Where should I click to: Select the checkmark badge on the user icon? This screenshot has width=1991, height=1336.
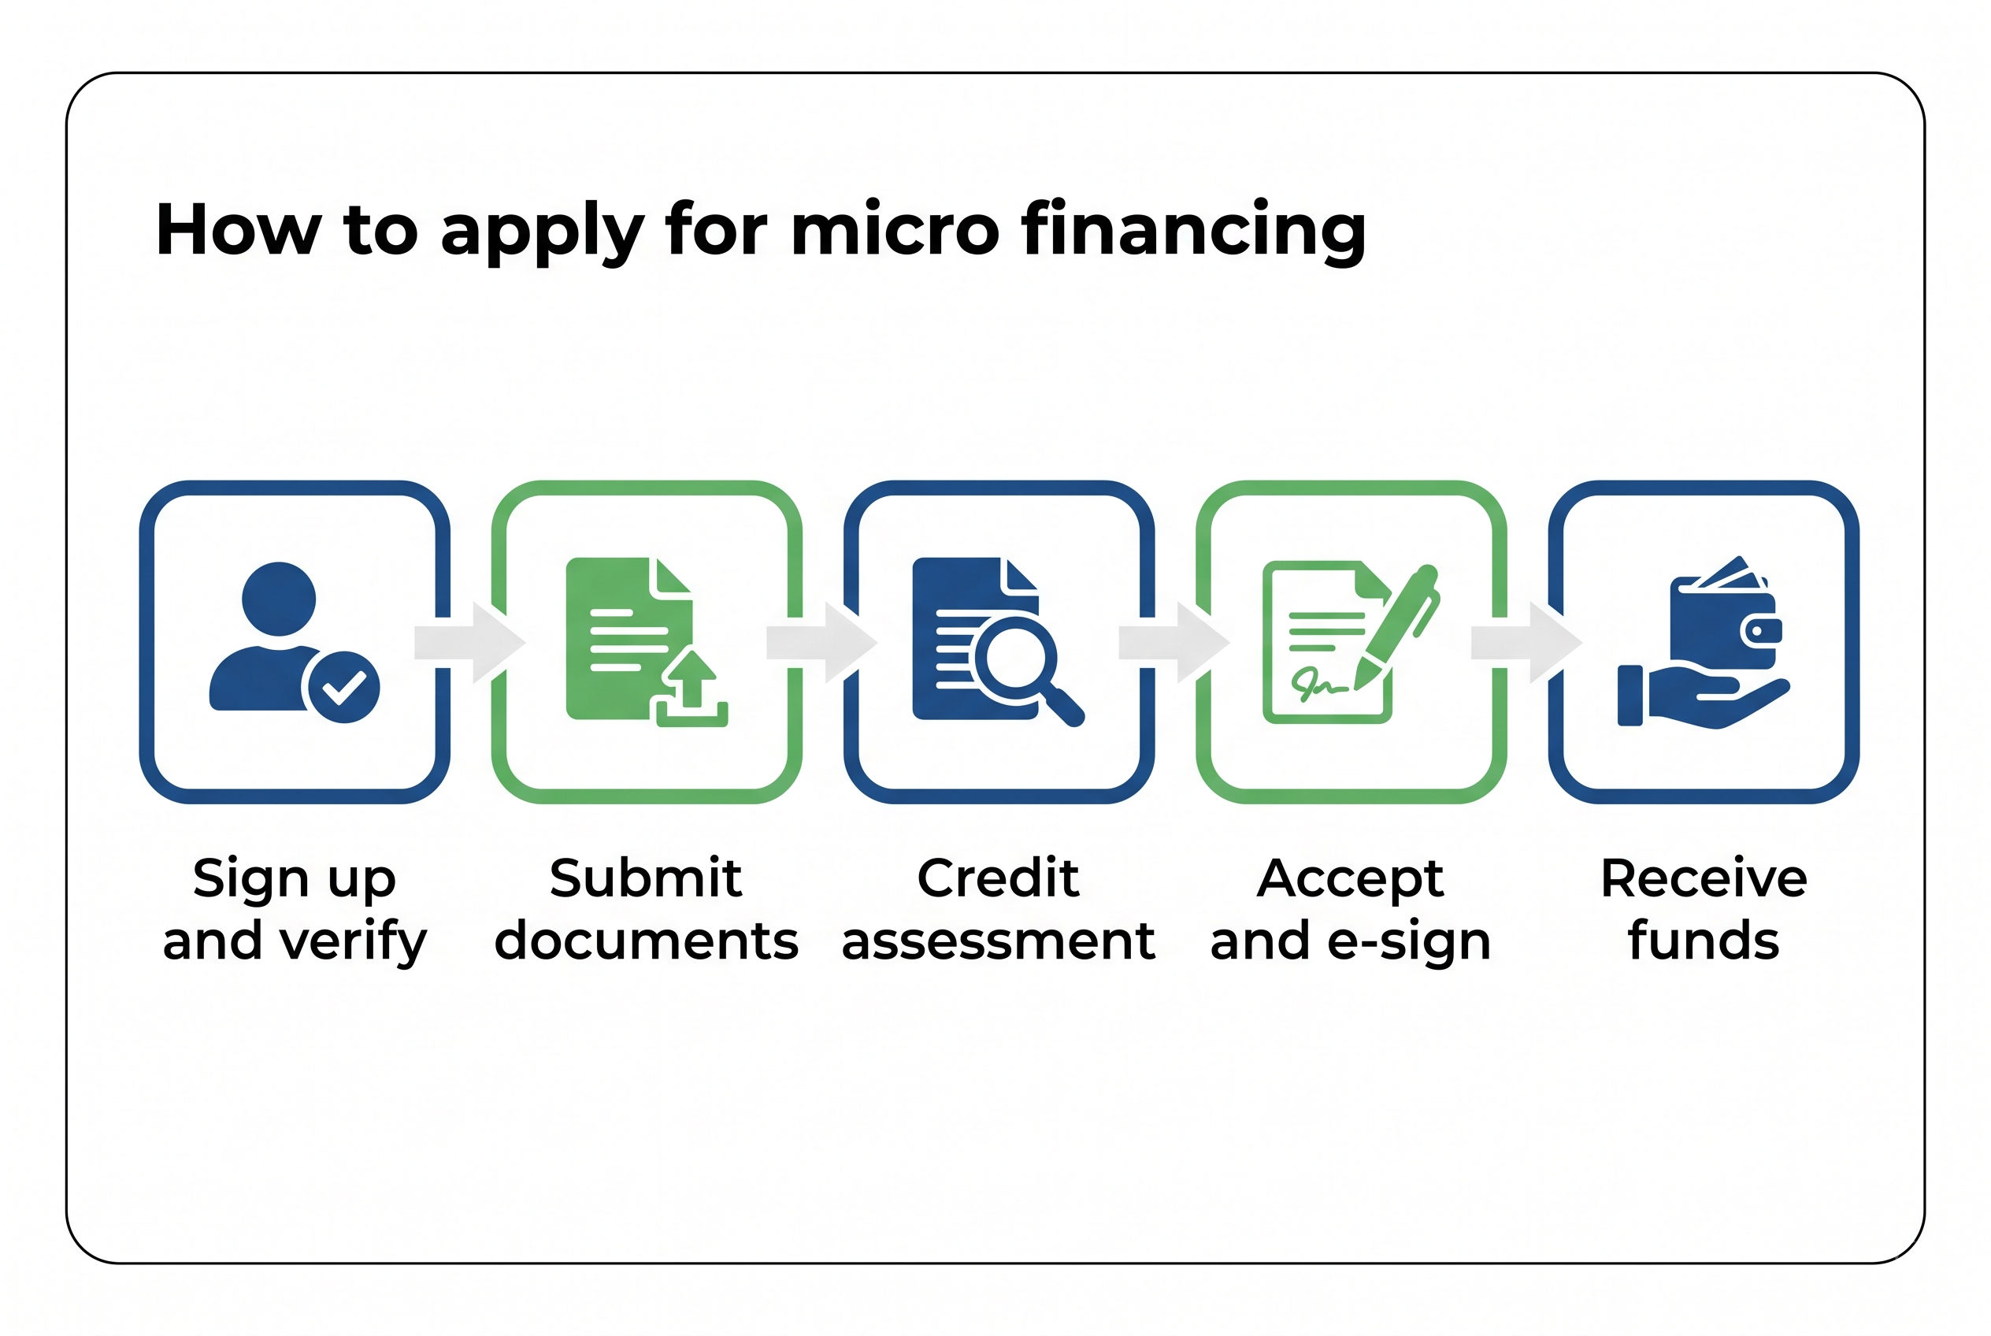(x=343, y=687)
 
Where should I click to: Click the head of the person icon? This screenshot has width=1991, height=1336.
(x=279, y=598)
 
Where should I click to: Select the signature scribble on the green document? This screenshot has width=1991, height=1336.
(x=1319, y=683)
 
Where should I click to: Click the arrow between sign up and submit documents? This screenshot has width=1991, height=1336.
(x=469, y=643)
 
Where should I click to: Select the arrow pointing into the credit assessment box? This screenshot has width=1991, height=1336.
(x=822, y=643)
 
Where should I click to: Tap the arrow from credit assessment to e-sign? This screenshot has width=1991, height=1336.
(x=1174, y=643)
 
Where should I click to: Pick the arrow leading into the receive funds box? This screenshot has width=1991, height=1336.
(x=1526, y=643)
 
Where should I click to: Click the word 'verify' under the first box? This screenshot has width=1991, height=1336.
(x=354, y=941)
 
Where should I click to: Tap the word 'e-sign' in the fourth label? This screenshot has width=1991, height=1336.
(x=1409, y=941)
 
